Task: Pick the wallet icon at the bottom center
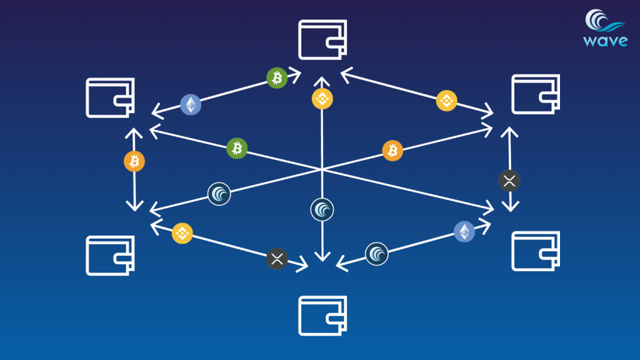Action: [322, 316]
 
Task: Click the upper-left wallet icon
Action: [110, 97]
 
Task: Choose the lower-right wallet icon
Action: [536, 251]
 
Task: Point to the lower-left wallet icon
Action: [110, 255]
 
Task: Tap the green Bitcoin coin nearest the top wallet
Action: [277, 77]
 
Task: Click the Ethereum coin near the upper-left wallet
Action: [191, 105]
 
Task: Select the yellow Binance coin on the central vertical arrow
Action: [322, 98]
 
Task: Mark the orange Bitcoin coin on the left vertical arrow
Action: [134, 161]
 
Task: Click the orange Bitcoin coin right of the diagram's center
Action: [392, 150]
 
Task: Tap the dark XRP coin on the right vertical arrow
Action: [509, 181]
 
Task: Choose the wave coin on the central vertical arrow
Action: [322, 209]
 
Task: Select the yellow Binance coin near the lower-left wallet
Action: [182, 232]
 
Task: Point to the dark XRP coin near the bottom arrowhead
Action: [277, 258]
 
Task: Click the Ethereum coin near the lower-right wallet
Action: [464, 231]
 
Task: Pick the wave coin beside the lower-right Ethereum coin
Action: [377, 254]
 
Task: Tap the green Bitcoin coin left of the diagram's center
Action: [237, 147]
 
